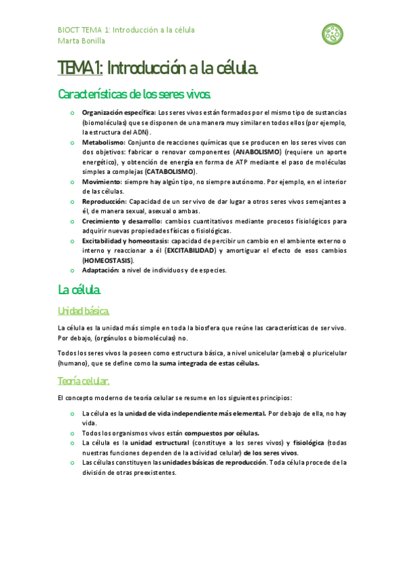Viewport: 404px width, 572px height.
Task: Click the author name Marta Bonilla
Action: click(x=82, y=40)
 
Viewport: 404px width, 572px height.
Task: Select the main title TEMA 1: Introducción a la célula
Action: click(x=158, y=68)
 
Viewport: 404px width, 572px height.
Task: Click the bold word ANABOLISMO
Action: click(x=258, y=152)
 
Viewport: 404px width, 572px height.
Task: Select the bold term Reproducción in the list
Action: click(x=104, y=202)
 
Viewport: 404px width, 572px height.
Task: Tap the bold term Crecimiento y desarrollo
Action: click(x=121, y=221)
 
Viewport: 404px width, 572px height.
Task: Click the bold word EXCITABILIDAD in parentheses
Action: click(x=190, y=251)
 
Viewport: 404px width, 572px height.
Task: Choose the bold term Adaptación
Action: click(x=100, y=270)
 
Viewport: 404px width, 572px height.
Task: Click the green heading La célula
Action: click(x=80, y=291)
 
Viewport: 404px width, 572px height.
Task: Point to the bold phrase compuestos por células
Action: click(x=222, y=433)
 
